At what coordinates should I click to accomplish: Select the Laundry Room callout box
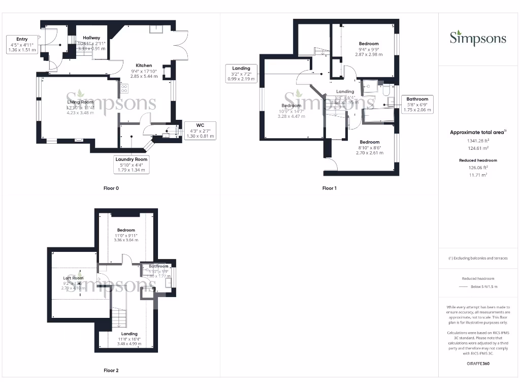point(131,165)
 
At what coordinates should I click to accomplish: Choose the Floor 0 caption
point(111,188)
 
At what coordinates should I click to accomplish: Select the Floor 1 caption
point(330,188)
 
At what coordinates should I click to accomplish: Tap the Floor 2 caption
point(111,371)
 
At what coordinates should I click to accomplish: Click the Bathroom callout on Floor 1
point(417,104)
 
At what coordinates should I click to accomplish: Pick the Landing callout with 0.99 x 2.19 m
point(241,74)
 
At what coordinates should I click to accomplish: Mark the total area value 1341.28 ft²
point(478,141)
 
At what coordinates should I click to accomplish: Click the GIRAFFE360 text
point(478,364)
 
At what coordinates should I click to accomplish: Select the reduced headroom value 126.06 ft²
point(478,167)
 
